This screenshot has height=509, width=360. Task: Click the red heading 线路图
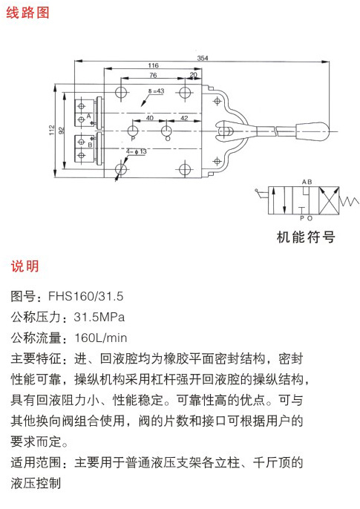pyautogui.click(x=27, y=13)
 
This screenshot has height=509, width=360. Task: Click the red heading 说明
pyautogui.click(x=25, y=266)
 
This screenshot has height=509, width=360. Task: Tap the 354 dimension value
pyautogui.click(x=203, y=58)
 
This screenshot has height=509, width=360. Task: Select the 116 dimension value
pyautogui.click(x=153, y=65)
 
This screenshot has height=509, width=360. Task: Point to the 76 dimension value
pyautogui.click(x=153, y=76)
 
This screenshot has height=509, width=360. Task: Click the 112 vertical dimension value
pyautogui.click(x=52, y=131)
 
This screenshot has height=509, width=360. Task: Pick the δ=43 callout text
pyautogui.click(x=157, y=91)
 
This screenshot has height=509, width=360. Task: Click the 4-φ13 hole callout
pyautogui.click(x=137, y=151)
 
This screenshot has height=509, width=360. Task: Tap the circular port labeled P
pyautogui.click(x=132, y=131)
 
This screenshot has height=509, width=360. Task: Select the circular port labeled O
pyautogui.click(x=166, y=131)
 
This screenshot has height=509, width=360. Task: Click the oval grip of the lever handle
pyautogui.click(x=312, y=131)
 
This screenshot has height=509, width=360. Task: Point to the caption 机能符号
pyautogui.click(x=306, y=237)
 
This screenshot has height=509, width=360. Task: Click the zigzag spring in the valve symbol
pyautogui.click(x=350, y=202)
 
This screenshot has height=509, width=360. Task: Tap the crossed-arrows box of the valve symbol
pyautogui.click(x=329, y=200)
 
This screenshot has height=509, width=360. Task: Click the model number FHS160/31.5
pyautogui.click(x=85, y=296)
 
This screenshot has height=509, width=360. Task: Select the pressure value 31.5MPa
pyautogui.click(x=99, y=317)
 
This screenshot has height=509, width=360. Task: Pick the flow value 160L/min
pyautogui.click(x=101, y=338)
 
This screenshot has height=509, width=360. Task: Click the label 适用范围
pyautogui.click(x=36, y=462)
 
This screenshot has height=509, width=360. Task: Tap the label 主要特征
pyautogui.click(x=36, y=358)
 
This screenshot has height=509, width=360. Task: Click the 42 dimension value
pyautogui.click(x=184, y=118)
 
